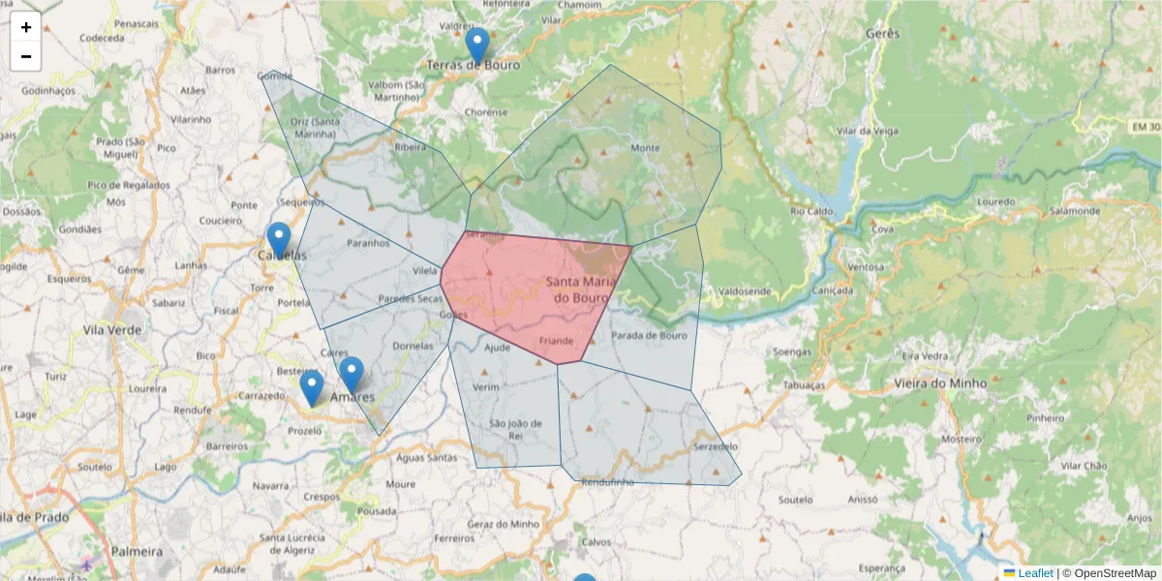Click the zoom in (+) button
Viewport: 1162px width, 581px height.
tap(26, 27)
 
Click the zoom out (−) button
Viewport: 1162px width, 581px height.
tap(26, 56)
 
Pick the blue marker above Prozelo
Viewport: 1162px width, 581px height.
tap(311, 387)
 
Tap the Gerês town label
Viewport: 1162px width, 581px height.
tap(884, 33)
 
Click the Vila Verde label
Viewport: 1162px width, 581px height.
tap(112, 329)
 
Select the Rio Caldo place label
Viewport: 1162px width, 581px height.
tap(811, 210)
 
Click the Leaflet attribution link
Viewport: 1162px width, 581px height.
tap(1035, 573)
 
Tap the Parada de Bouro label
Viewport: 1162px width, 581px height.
tap(649, 336)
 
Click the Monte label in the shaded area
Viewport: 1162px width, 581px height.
tap(645, 148)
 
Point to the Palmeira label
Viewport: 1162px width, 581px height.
tap(137, 551)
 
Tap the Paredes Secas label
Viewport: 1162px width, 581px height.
tap(411, 298)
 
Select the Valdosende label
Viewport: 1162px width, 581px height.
tap(745, 290)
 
